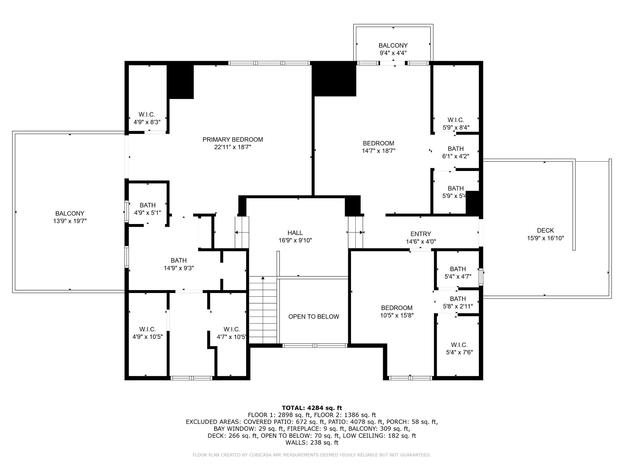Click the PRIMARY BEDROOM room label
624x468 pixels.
click(233, 139)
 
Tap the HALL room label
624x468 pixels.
click(295, 233)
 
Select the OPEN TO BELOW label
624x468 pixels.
click(314, 317)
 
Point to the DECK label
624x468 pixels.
click(545, 231)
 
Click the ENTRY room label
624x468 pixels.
click(421, 234)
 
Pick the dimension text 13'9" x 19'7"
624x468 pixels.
click(70, 221)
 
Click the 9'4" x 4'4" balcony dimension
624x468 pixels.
click(393, 53)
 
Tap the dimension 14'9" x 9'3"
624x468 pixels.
click(179, 268)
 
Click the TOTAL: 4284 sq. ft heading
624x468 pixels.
click(312, 408)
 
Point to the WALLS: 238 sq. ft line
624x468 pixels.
click(312, 442)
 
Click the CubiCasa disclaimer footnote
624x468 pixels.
click(312, 455)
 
